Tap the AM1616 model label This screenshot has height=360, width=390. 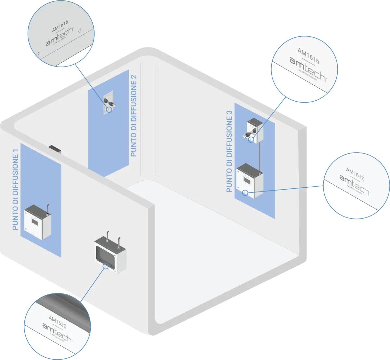308,56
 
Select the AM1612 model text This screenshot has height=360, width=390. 355,174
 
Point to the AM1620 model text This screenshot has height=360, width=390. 58,321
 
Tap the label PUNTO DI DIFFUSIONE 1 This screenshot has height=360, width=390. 15,190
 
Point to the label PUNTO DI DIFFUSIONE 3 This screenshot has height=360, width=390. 229,151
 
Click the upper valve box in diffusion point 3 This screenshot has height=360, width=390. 254,130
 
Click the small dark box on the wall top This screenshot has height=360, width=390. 55,149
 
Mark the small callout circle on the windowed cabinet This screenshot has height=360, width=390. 105,266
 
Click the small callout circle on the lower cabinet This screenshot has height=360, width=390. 245,192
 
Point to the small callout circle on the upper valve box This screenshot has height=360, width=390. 251,140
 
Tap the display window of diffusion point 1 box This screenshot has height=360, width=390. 34,222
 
